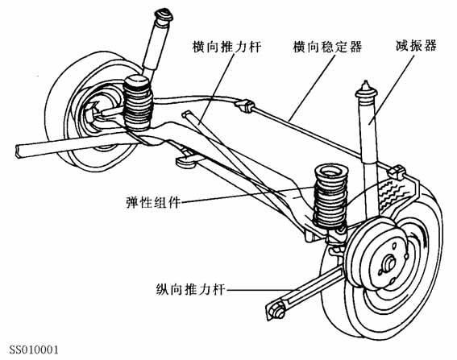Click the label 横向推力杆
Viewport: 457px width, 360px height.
tap(226, 47)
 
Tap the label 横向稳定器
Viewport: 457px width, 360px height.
tap(327, 47)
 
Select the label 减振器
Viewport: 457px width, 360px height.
tap(417, 46)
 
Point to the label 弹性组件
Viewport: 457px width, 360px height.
tap(153, 202)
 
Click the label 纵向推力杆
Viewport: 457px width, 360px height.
tap(191, 289)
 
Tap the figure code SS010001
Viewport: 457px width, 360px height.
tap(34, 350)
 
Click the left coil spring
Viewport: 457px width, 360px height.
tap(138, 102)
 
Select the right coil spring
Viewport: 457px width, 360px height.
tap(330, 196)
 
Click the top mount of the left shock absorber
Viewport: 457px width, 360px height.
tap(164, 15)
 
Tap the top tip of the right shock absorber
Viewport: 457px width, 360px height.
tap(365, 83)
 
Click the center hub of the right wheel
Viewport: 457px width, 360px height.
tap(389, 262)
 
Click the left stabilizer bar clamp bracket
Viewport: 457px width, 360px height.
tap(244, 106)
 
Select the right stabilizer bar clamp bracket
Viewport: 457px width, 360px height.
tap(397, 172)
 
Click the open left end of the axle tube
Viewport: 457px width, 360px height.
tap(18, 151)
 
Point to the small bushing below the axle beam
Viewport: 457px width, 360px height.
tap(185, 159)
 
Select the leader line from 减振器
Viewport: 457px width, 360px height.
tap(392, 89)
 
